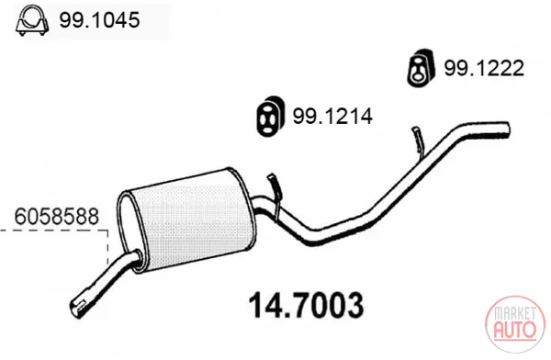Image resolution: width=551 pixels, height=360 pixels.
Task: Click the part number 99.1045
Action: point(99,20)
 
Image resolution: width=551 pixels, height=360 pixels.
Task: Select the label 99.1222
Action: point(484,68)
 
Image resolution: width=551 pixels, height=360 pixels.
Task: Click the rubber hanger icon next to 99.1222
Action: point(421,68)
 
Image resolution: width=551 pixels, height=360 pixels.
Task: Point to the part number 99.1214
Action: point(332,117)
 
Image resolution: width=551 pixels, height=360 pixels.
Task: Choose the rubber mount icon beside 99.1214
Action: point(270,116)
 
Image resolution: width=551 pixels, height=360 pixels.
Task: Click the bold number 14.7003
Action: point(306,305)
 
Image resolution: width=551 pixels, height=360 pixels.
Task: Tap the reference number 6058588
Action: point(57,217)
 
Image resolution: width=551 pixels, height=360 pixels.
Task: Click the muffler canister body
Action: point(192,221)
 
